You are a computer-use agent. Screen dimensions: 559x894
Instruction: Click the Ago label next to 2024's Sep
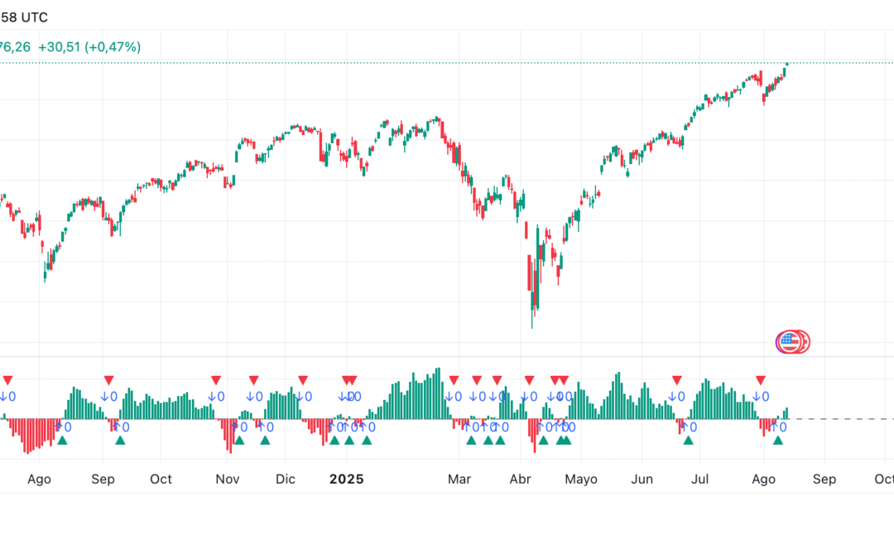click(39, 479)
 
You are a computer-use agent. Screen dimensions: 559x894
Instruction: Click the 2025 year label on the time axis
click(346, 479)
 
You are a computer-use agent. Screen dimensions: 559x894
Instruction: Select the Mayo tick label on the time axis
click(580, 479)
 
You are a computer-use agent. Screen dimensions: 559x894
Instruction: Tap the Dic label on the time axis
click(285, 479)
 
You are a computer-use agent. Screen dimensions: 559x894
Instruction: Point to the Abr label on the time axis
click(520, 479)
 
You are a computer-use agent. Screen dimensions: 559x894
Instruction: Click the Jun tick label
click(642, 479)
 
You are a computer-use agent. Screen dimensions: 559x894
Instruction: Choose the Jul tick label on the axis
click(700, 479)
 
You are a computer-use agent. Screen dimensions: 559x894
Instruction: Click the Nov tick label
click(227, 479)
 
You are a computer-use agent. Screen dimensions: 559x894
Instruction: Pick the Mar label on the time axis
click(459, 479)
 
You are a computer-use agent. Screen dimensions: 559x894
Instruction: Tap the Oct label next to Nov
click(161, 479)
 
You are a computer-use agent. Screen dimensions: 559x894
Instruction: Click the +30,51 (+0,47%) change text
click(89, 47)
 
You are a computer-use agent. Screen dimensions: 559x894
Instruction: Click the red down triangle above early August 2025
click(760, 379)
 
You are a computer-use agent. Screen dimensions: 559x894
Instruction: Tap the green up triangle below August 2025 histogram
click(777, 440)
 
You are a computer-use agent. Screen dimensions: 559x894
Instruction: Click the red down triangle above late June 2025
click(676, 379)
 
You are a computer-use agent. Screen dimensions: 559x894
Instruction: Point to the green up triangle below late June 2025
click(688, 440)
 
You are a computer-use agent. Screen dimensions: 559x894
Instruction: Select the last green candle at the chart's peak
click(786, 69)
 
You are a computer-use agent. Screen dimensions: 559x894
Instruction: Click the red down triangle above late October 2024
click(216, 379)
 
